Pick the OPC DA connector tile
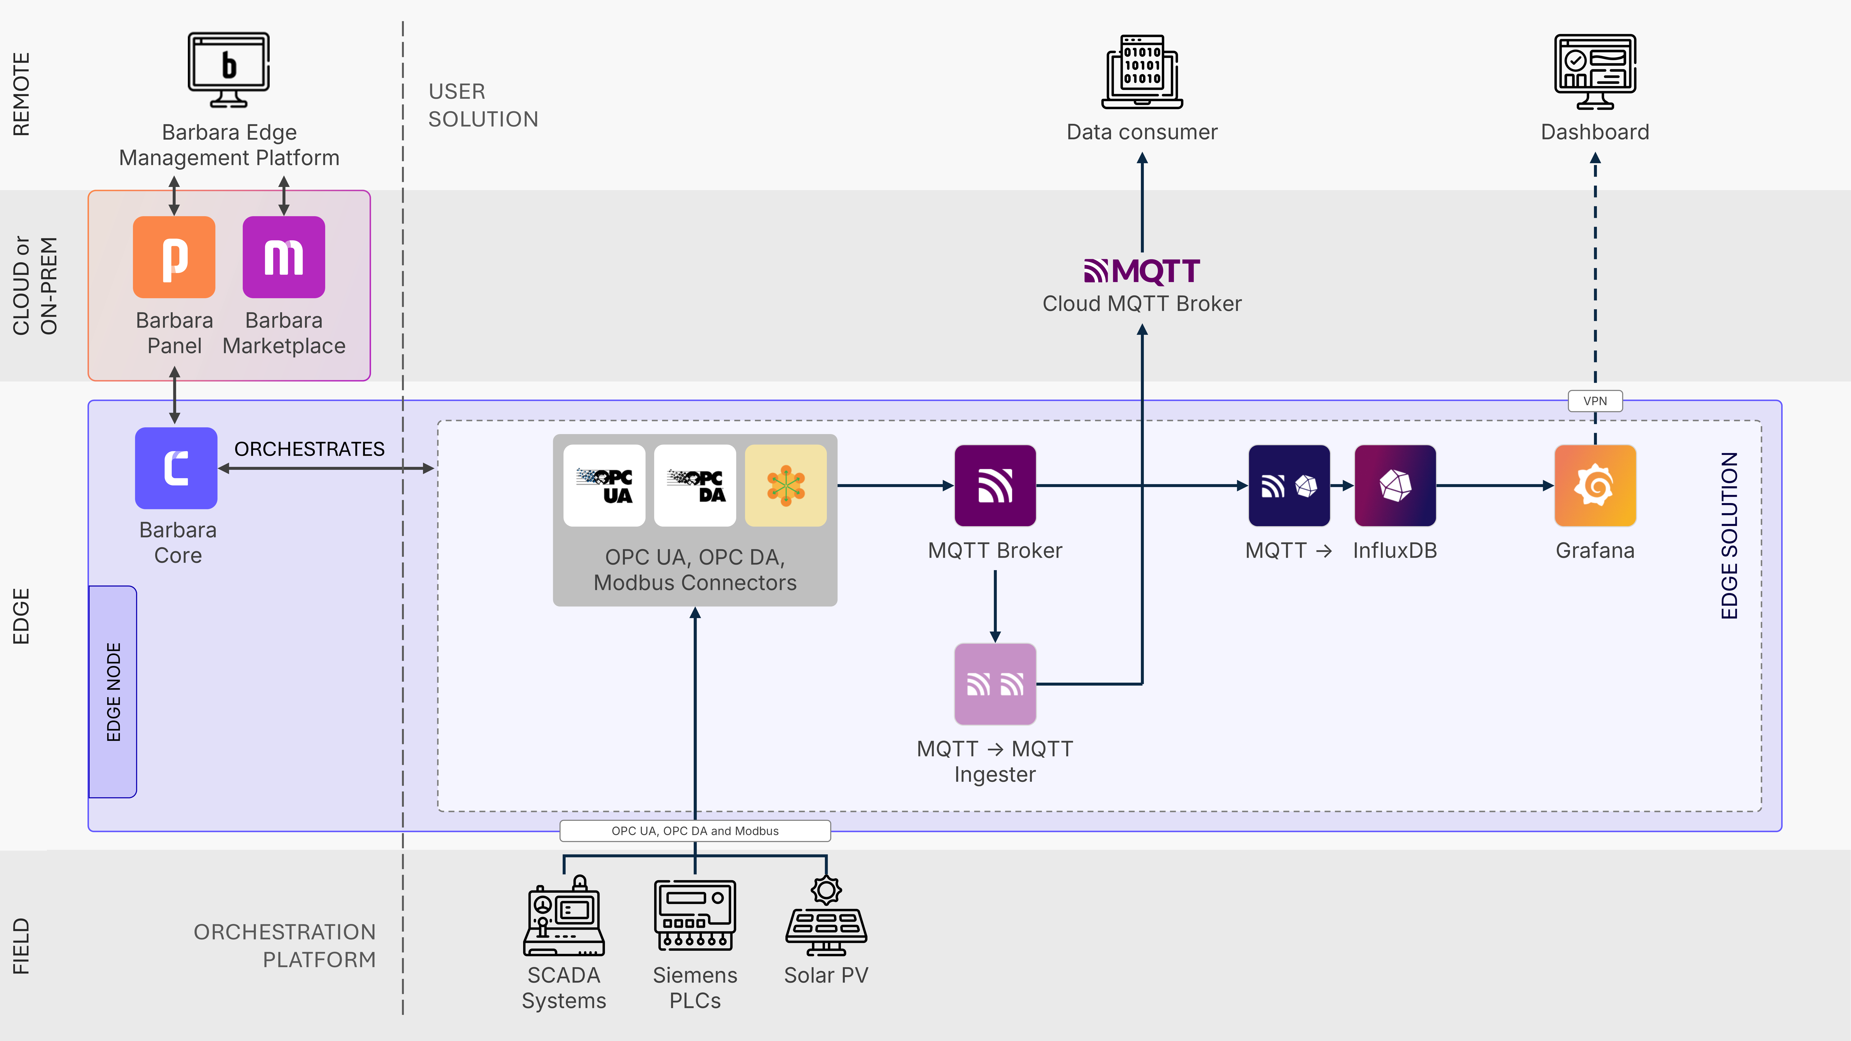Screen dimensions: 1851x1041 pos(695,486)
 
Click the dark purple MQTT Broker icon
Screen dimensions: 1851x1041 pos(995,486)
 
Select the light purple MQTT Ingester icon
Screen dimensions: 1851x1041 pos(995,684)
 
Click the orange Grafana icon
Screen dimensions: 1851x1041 pos(1595,486)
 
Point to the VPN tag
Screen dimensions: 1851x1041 pos(1595,401)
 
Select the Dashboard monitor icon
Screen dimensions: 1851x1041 pos(1595,72)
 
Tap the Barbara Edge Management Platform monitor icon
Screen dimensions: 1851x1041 pos(228,70)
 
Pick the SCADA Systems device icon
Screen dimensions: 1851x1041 pos(564,915)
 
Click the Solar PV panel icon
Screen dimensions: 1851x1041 pos(826,915)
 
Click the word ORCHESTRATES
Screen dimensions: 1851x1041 pos(310,449)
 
